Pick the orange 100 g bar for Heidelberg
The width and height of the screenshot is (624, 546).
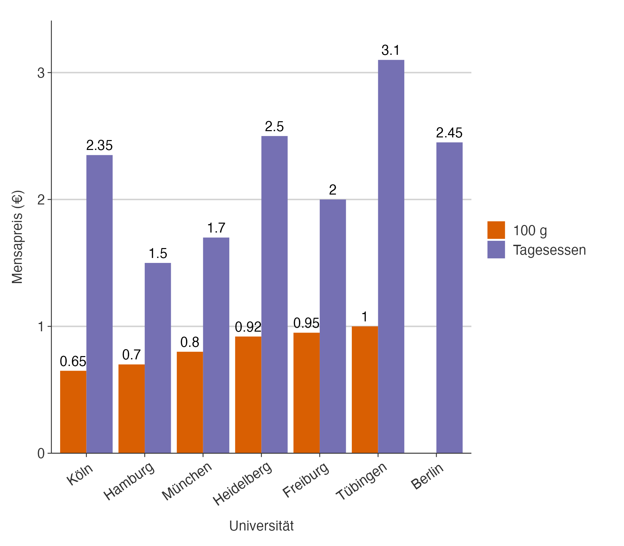tap(248, 395)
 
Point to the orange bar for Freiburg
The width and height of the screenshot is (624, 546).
tap(306, 393)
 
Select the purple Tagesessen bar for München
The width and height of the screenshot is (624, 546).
tap(216, 345)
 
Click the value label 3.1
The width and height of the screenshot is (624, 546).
tap(390, 51)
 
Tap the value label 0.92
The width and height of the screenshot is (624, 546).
tap(248, 327)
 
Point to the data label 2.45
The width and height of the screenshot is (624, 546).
tap(449, 133)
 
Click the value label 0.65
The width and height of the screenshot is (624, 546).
tap(73, 362)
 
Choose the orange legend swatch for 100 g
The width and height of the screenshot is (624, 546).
tap(496, 230)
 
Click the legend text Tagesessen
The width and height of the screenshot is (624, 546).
tap(549, 250)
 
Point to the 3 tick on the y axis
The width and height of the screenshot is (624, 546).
tap(41, 73)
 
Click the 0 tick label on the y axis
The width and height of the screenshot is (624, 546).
tap(41, 454)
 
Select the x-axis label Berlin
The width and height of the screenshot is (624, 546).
tap(427, 476)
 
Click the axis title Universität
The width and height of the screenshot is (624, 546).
tap(261, 526)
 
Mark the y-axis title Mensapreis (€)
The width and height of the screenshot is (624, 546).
tap(17, 237)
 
